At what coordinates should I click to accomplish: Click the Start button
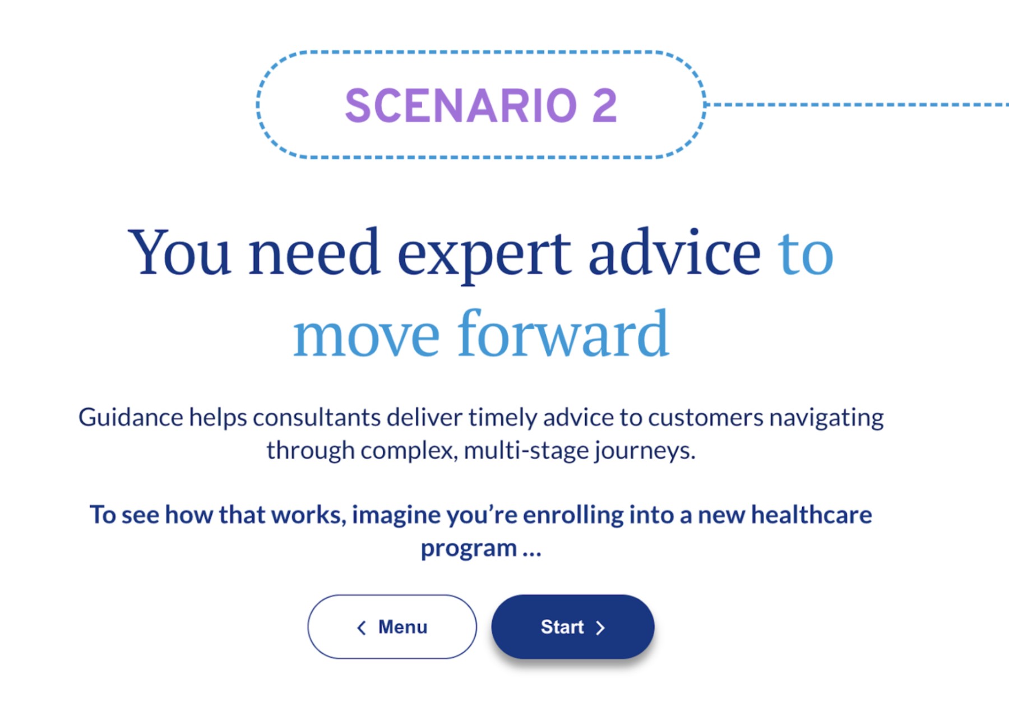[573, 627]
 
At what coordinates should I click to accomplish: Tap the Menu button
[392, 627]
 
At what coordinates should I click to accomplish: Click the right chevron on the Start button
[600, 628]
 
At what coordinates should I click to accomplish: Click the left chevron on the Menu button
[362, 628]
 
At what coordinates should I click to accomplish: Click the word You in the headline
[179, 252]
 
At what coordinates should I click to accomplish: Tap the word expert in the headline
[484, 255]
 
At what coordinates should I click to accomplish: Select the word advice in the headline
[674, 252]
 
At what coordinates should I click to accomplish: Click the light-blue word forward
[563, 334]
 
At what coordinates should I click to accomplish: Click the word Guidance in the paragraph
[131, 418]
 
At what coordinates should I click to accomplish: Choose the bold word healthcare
[811, 515]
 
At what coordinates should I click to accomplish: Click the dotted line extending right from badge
[857, 105]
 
